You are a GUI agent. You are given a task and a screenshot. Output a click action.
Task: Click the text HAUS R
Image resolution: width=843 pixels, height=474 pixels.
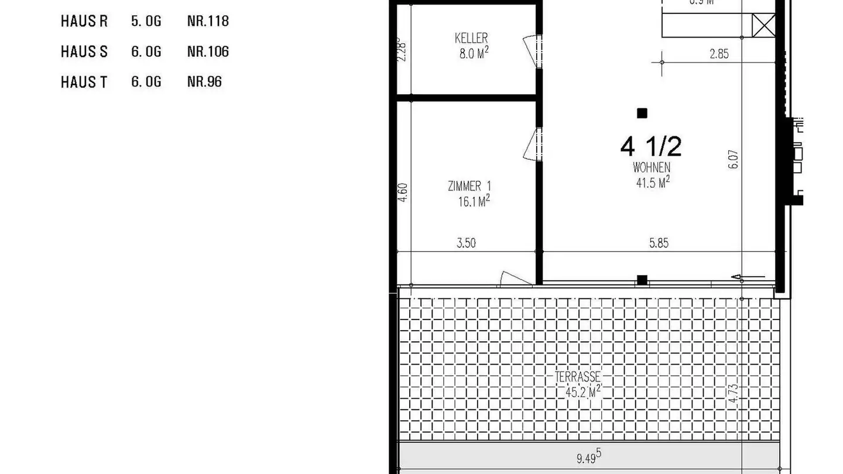84,22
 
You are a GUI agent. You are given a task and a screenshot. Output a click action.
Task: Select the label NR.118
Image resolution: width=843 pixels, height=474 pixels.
208,22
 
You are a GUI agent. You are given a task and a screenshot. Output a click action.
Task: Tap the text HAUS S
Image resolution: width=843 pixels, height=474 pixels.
84,52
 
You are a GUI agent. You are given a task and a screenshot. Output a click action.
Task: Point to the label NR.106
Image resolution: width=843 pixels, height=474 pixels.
208,52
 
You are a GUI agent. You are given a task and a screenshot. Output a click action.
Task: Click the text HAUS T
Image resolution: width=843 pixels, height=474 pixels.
84,83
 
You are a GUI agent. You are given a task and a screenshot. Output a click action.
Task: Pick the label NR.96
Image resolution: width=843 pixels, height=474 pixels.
204,82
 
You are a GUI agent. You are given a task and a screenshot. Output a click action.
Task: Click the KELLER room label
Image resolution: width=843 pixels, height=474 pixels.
471,39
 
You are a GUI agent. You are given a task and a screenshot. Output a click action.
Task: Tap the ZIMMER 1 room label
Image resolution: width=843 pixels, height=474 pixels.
470,187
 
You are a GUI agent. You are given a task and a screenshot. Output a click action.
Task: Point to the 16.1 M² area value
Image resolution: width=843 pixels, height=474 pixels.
474,202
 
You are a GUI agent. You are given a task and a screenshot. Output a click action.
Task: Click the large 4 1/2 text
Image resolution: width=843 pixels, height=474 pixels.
651,146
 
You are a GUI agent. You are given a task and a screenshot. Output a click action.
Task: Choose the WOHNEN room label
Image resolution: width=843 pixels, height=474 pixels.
652,168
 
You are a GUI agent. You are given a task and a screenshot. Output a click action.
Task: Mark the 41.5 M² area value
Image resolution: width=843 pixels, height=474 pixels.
653,183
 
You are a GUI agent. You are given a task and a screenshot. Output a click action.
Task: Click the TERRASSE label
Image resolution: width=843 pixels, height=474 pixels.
578,377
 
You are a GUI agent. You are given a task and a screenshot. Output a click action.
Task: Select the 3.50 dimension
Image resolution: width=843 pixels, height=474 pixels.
466,243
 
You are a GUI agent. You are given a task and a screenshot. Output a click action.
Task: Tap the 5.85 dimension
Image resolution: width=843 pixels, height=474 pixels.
659,243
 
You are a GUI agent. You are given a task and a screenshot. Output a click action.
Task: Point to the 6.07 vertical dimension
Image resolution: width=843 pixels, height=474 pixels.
734,159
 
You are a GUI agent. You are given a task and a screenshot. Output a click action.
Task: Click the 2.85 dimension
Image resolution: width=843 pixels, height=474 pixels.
719,54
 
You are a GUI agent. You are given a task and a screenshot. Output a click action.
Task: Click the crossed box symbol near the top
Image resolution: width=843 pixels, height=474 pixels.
763,25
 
